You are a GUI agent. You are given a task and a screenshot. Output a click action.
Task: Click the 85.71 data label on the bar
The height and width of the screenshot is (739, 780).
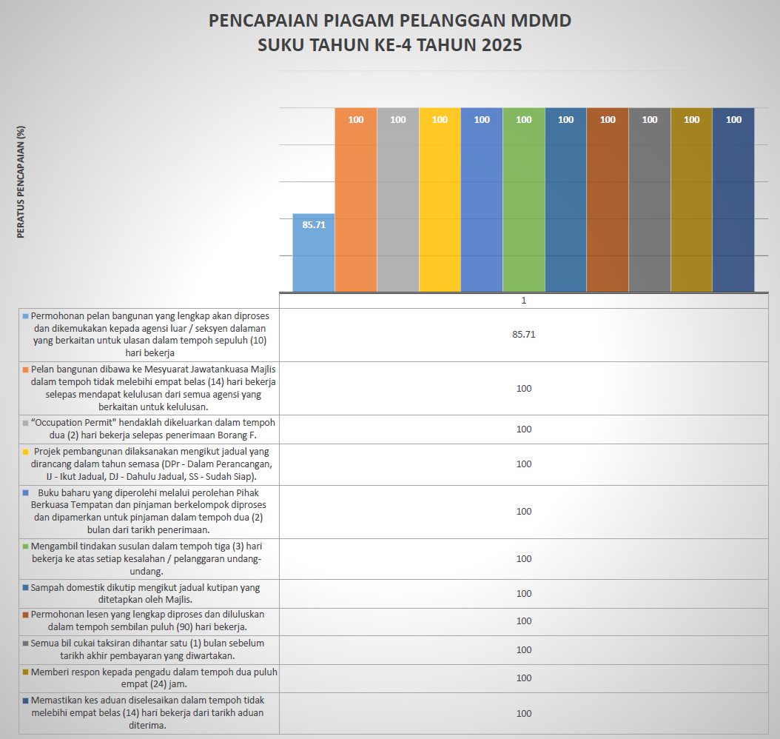pos(314,224)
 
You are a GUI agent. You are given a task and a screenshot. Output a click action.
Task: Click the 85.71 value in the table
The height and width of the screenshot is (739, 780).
pos(523,335)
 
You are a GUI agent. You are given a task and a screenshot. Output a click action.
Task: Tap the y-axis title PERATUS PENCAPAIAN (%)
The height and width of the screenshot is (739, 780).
pos(21,182)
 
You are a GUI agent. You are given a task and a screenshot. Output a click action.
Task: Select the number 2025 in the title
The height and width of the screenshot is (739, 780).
pos(502,45)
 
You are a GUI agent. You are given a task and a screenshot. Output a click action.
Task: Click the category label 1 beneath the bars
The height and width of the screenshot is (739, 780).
pos(523,301)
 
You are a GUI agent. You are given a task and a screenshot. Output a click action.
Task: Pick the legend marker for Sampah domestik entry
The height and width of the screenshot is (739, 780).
pos(26,588)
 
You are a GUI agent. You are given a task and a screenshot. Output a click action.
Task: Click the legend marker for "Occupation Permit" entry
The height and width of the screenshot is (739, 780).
pos(26,423)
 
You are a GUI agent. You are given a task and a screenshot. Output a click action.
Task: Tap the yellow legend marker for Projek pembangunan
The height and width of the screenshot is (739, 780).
pos(26,451)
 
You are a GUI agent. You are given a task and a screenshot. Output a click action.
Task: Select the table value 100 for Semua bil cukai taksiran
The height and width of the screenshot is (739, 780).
pos(523,650)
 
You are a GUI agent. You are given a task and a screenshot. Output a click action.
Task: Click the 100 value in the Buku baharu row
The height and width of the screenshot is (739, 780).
pos(523,512)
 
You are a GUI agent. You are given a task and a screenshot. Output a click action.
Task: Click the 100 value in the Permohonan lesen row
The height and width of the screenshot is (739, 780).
pos(523,621)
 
